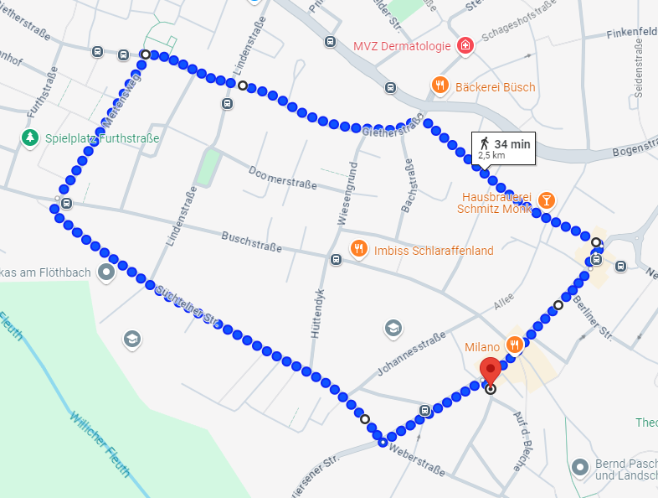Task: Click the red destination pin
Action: coord(489,369)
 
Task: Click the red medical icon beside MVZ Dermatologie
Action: coord(465,45)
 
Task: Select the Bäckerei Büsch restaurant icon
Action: coord(440,85)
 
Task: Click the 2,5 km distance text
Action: coord(491,155)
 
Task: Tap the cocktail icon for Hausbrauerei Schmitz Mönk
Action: coord(546,200)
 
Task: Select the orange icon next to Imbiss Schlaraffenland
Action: coord(358,248)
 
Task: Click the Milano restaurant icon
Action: coord(516,344)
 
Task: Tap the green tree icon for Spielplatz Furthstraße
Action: coord(30,137)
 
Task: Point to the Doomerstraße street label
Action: coord(282,178)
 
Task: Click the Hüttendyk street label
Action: coord(317,313)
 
